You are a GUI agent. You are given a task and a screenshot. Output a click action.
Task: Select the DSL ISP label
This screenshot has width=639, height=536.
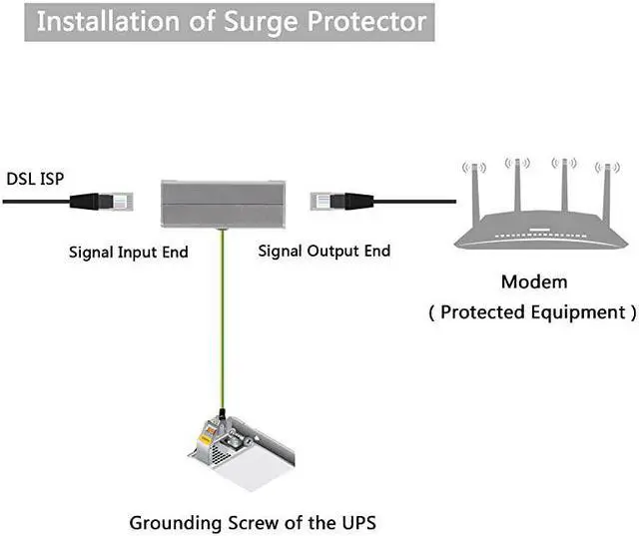[x=36, y=180]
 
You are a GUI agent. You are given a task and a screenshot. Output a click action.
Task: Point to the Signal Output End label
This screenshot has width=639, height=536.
[x=323, y=252]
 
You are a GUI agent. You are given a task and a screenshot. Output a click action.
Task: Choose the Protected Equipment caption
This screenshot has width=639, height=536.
[x=532, y=312]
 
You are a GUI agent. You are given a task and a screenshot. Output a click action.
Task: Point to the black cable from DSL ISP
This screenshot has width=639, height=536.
[x=35, y=201]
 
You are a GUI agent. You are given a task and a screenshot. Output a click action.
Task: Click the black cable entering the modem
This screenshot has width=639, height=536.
[x=409, y=201]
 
